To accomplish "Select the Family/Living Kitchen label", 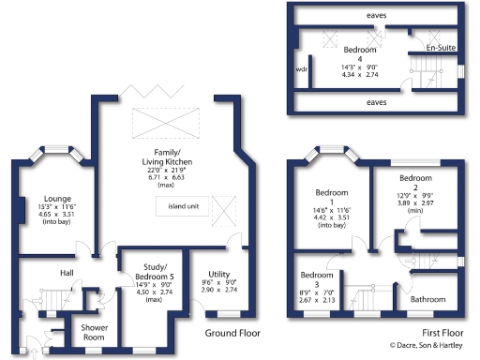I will [167, 156].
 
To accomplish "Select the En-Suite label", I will [440, 47].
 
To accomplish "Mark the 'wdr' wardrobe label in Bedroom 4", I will [301, 68].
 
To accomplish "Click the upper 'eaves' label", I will [377, 16].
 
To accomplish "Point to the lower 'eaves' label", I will [377, 101].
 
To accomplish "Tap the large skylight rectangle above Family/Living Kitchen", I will [167, 123].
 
